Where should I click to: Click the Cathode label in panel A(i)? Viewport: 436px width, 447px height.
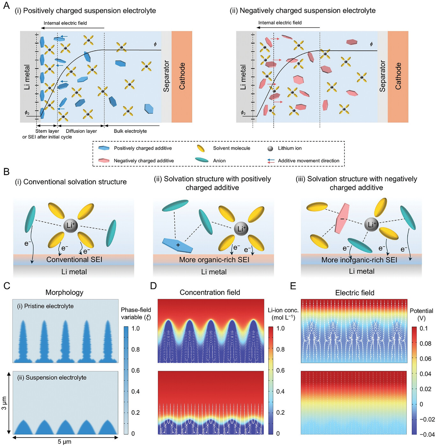[x=182, y=76]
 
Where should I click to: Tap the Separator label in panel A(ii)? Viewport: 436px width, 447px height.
[x=382, y=76]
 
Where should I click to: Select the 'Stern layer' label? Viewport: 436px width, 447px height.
[x=47, y=131]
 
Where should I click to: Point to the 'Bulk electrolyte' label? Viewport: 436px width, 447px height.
[x=130, y=131]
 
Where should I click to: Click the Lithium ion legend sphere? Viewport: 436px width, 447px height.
[x=270, y=149]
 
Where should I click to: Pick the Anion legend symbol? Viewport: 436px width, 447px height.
[x=202, y=160]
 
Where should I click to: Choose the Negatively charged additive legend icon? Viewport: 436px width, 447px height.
[x=104, y=160]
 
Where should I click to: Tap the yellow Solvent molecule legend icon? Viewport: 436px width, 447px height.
[x=201, y=148]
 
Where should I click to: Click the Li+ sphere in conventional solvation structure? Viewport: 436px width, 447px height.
[x=70, y=226]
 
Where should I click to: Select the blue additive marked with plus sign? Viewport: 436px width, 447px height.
[x=177, y=245]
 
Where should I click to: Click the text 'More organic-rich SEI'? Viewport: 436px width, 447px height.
[x=214, y=260]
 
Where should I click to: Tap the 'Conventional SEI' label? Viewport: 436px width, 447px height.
[x=74, y=259]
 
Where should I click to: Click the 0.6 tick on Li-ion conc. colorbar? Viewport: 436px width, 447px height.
[x=280, y=370]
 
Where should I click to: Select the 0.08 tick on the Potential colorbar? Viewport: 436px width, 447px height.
[x=425, y=344]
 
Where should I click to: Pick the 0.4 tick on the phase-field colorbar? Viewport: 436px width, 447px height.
[x=135, y=391]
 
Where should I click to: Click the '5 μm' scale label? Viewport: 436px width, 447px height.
[x=64, y=442]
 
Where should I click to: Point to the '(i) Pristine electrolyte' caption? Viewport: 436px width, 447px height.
[x=45, y=306]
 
